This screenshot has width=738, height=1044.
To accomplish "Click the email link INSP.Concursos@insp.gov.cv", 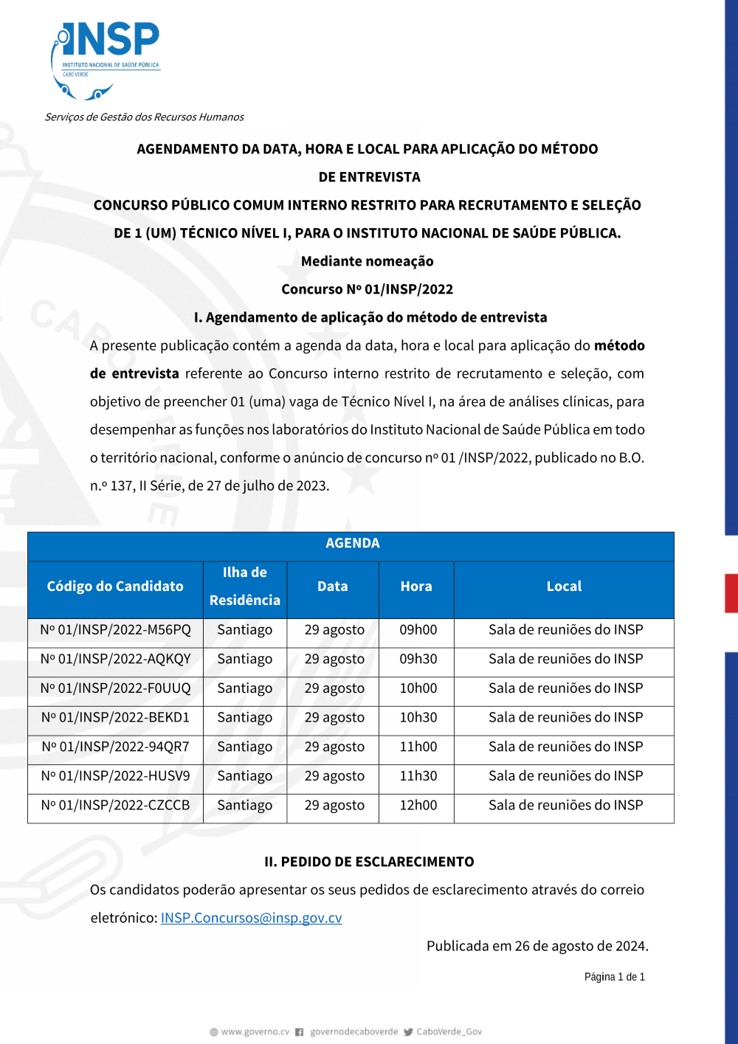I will click(251, 918).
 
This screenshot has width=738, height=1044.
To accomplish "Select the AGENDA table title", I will click(352, 543).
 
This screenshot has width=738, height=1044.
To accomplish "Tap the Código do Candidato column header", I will click(115, 587).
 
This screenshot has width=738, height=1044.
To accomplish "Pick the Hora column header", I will click(416, 587).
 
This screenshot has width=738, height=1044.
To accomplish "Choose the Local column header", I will click(564, 587).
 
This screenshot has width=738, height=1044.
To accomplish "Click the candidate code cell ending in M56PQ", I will click(115, 630).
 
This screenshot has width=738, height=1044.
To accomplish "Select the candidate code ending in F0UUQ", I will click(115, 688).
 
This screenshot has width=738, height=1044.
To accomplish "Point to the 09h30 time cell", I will click(418, 659).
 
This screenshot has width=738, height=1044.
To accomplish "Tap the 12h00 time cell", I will click(418, 805).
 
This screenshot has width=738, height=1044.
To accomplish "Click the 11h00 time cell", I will click(418, 747).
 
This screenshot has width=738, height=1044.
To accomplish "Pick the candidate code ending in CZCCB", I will click(115, 805).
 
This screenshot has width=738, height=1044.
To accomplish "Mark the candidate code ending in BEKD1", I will click(115, 717).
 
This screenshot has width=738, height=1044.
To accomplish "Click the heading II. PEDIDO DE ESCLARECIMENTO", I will click(369, 862).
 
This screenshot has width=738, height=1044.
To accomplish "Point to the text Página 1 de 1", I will click(614, 977).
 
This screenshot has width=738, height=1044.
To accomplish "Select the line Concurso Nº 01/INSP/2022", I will click(367, 289).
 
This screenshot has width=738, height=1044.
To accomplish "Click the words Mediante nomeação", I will click(367, 261).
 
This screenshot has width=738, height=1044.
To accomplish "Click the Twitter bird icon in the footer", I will click(408, 1032).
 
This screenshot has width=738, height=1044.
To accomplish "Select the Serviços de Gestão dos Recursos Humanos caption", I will click(144, 117).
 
